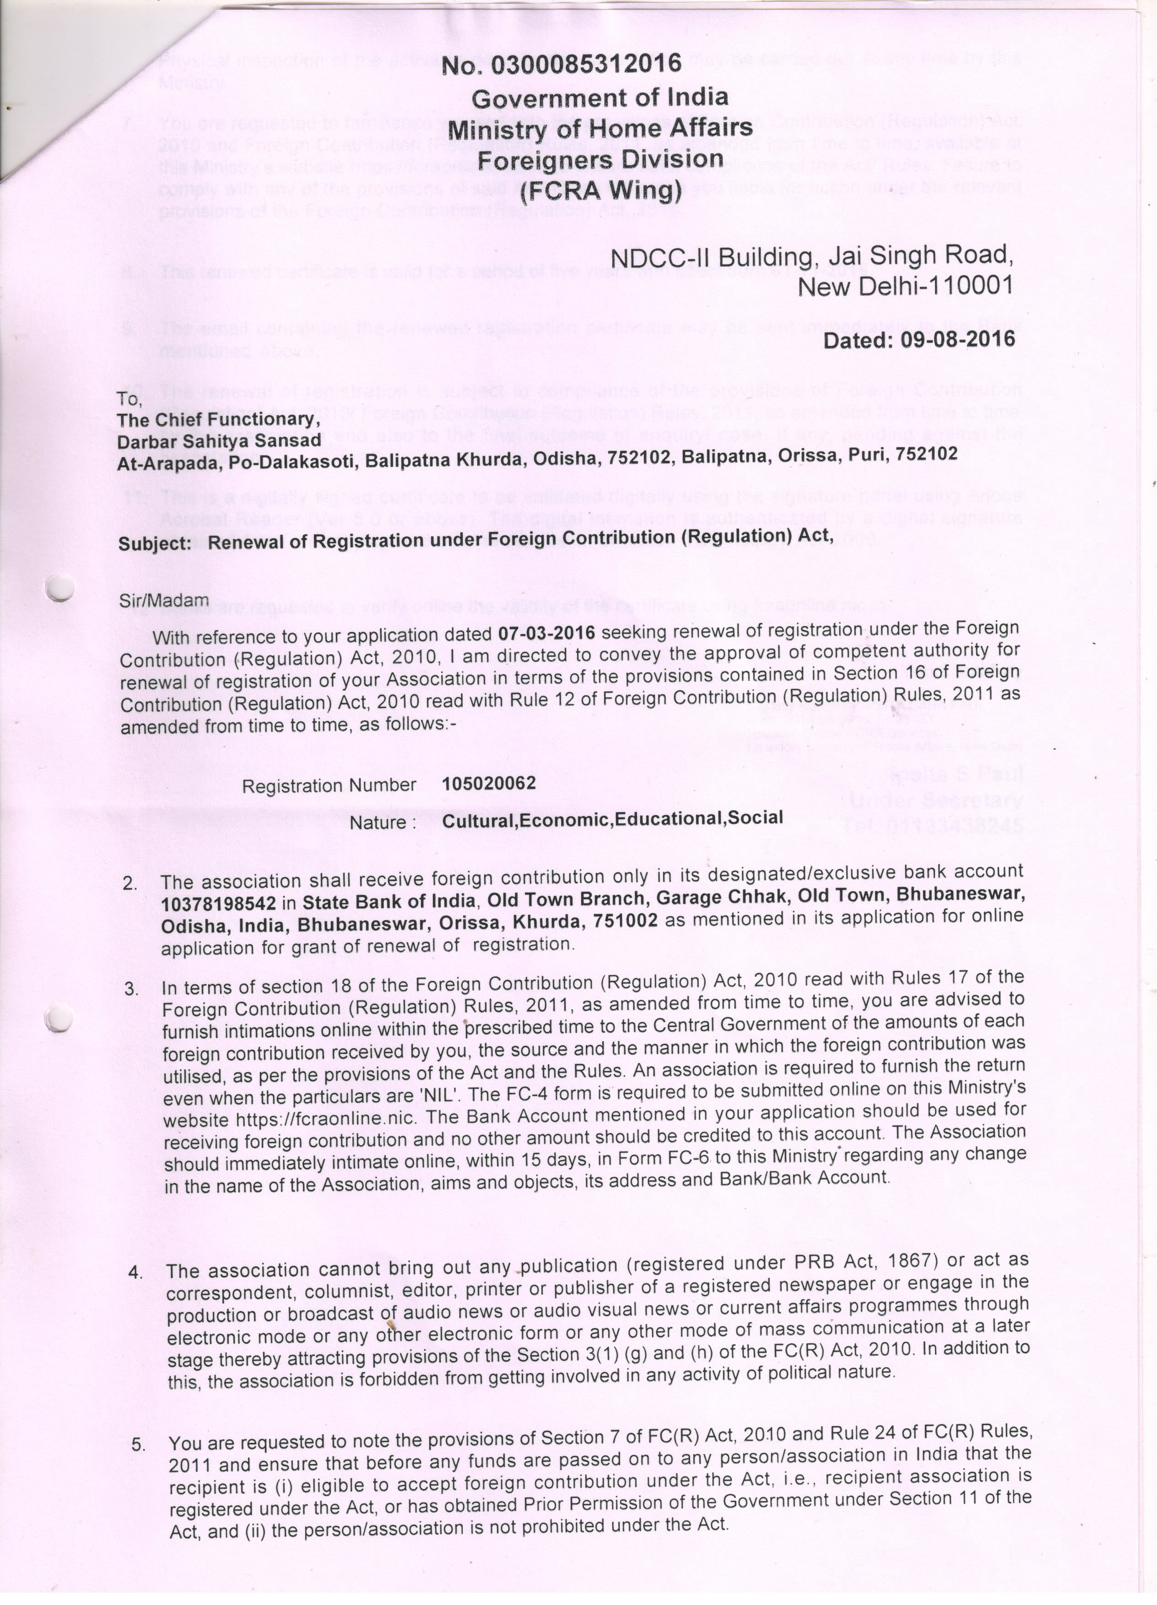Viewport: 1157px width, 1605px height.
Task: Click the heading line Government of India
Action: [600, 97]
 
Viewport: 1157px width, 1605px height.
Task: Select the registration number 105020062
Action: [489, 783]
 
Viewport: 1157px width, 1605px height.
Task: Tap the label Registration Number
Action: [329, 785]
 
